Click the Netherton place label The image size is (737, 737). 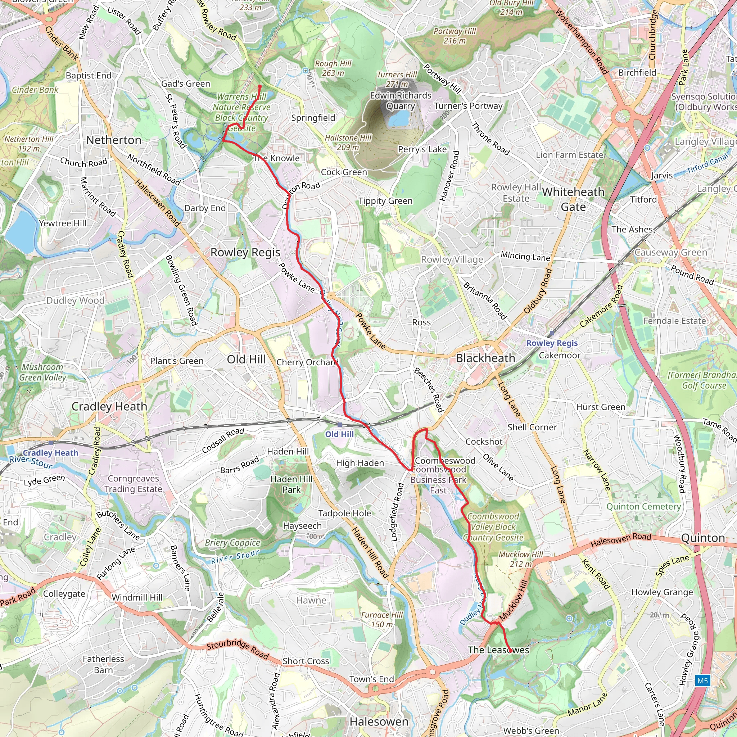coord(114,140)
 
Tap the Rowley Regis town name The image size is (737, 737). coord(245,252)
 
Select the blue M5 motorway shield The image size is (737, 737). coord(702,681)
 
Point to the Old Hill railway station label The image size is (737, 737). coord(339,434)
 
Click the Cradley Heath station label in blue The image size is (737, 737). coord(50,453)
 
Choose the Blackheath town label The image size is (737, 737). coord(485,358)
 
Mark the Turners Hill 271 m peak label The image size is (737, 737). coord(397,79)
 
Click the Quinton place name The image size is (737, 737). coord(703,538)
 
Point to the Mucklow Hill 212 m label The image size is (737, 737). coord(521,559)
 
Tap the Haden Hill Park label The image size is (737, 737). coord(291,484)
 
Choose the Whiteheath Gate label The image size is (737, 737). coord(573,199)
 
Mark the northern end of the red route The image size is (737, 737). coord(260,86)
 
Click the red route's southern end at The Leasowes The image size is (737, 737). coord(510,650)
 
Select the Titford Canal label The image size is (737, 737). coord(707,164)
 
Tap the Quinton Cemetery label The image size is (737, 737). coord(643,507)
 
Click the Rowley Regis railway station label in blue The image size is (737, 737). coord(552,343)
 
